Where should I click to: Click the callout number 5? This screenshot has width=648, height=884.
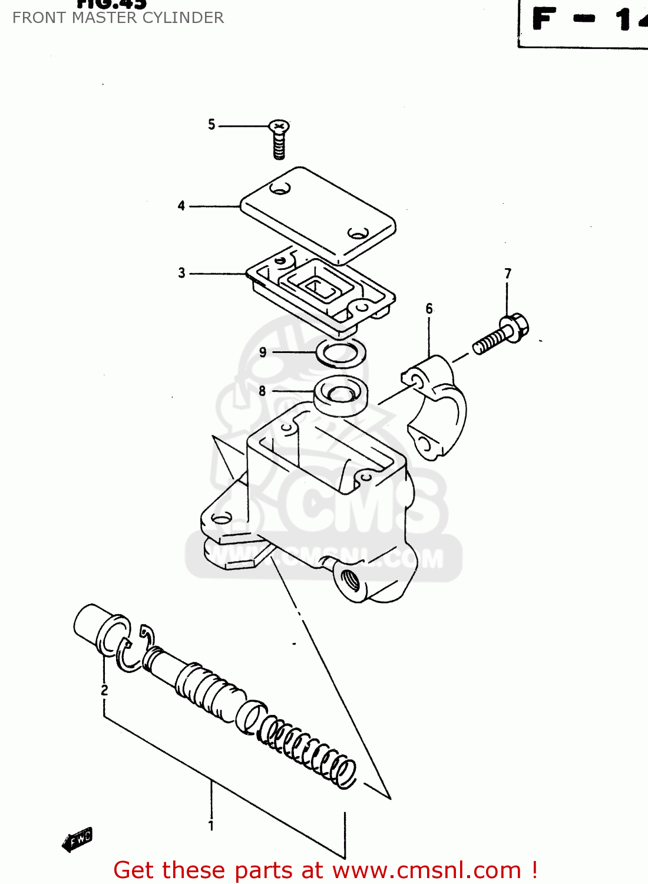[x=211, y=124]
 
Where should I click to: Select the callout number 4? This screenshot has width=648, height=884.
[x=181, y=206]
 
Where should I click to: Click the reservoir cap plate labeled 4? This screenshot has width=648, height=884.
[x=318, y=215]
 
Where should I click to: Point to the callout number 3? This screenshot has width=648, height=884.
[x=181, y=273]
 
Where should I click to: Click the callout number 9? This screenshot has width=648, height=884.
[x=263, y=352]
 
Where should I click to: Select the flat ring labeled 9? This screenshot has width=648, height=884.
[x=341, y=353]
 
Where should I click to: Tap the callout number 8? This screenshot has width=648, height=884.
[x=262, y=391]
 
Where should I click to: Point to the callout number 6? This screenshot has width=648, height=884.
[x=429, y=308]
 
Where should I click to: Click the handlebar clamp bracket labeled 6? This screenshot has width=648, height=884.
[x=439, y=407]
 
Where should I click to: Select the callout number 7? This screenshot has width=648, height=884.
[x=508, y=273]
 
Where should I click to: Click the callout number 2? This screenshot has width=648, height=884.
[x=104, y=690]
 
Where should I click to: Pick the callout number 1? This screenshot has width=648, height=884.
[x=211, y=826]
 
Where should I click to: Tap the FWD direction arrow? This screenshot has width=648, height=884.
[x=78, y=840]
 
